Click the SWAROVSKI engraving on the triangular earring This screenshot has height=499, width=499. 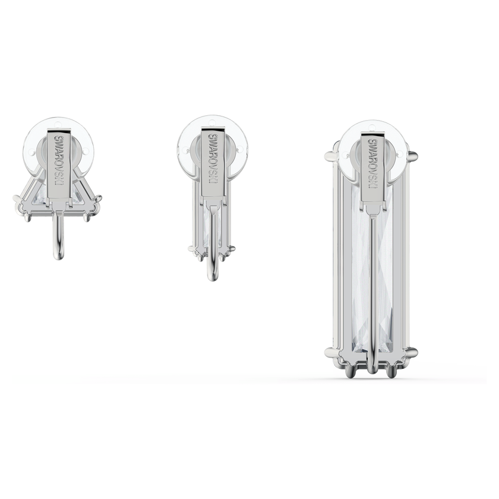[60, 162]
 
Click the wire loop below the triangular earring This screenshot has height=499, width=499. [59, 235]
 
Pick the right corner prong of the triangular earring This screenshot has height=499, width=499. [97, 199]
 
